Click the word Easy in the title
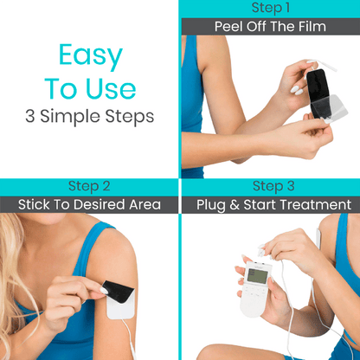91,56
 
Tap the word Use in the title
111,89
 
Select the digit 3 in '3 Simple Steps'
29,116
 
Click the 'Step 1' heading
271,8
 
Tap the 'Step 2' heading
89,186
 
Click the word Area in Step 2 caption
145,205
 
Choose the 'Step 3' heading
273,186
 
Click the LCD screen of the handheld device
258,276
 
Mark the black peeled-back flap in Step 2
119,291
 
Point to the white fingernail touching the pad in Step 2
104,291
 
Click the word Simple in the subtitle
71,117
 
